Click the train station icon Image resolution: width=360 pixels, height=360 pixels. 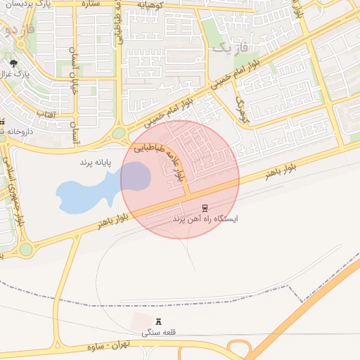click(x=205, y=208)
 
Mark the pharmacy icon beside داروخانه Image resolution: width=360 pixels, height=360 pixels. click(x=2, y=122)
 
